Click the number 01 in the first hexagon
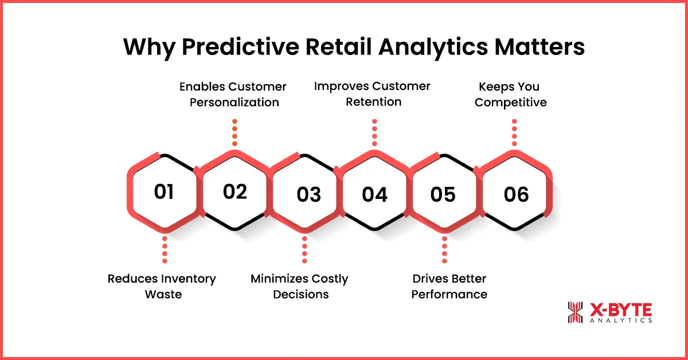tap(164, 191)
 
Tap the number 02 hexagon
tap(235, 191)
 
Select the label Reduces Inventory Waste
tap(162, 286)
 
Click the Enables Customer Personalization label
tap(233, 95)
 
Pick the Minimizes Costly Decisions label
tap(299, 286)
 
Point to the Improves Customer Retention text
tap(372, 93)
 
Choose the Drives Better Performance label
tap(449, 286)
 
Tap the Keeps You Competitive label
tap(510, 95)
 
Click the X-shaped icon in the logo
tap(574, 312)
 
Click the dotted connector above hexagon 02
tap(234, 133)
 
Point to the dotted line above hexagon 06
tap(514, 133)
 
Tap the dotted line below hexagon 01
tap(165, 249)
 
